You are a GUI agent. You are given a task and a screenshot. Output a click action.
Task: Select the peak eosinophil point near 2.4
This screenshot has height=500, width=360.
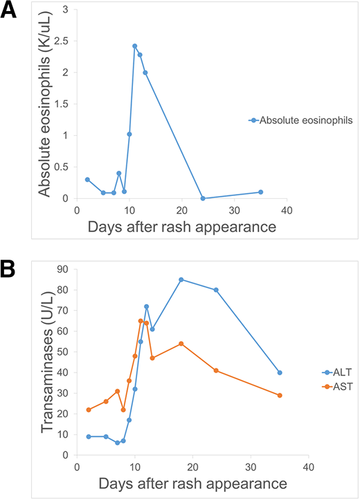coord(134,46)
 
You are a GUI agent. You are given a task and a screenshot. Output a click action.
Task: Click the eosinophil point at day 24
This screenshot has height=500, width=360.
coord(203,198)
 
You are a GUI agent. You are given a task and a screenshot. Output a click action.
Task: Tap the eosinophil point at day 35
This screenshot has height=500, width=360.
coord(260,192)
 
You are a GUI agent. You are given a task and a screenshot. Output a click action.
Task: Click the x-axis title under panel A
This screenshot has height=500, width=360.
coord(182,227)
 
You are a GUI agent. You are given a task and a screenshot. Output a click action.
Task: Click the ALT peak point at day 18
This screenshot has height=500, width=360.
coord(181,279)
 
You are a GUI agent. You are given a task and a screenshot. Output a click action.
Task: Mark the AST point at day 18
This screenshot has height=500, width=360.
coord(181,343)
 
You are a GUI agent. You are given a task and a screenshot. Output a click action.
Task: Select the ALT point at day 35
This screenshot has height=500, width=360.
coord(280,373)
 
